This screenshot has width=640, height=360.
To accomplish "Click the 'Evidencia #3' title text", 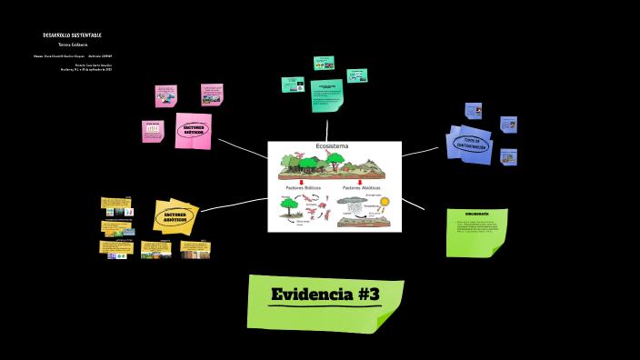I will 325,295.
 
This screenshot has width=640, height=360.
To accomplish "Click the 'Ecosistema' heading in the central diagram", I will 332,146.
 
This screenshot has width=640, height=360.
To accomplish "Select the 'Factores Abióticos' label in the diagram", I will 362,187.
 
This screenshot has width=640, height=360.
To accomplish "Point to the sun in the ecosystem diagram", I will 384,202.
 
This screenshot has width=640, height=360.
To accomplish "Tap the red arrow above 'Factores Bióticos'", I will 301,181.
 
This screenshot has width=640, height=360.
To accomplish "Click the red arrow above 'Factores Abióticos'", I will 359,181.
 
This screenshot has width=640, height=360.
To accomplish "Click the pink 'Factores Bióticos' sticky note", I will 193,130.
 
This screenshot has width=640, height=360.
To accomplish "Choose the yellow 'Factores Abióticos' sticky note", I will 175,216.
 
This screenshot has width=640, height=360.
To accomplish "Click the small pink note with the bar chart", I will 152,132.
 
